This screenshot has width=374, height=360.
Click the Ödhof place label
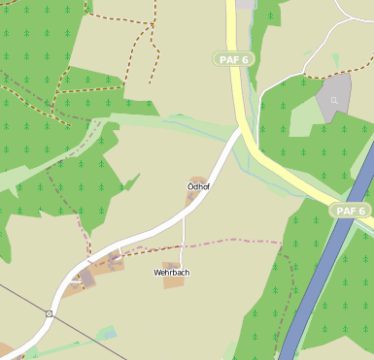pyautogui.click(x=199, y=185)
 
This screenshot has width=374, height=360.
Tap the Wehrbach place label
pyautogui.click(x=171, y=273)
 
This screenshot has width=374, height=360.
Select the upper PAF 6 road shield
pyautogui.click(x=233, y=59)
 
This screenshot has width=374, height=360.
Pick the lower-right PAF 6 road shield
pyautogui.click(x=350, y=211)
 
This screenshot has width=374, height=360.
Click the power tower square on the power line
pyautogui.click(x=49, y=314)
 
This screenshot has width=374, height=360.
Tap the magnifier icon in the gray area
pyautogui.click(x=334, y=100)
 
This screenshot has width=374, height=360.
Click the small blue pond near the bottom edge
pyautogui.click(x=108, y=334)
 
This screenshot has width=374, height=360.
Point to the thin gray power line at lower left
pyautogui.click(x=19, y=296)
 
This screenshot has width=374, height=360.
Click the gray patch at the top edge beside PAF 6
pyautogui.click(x=244, y=4)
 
